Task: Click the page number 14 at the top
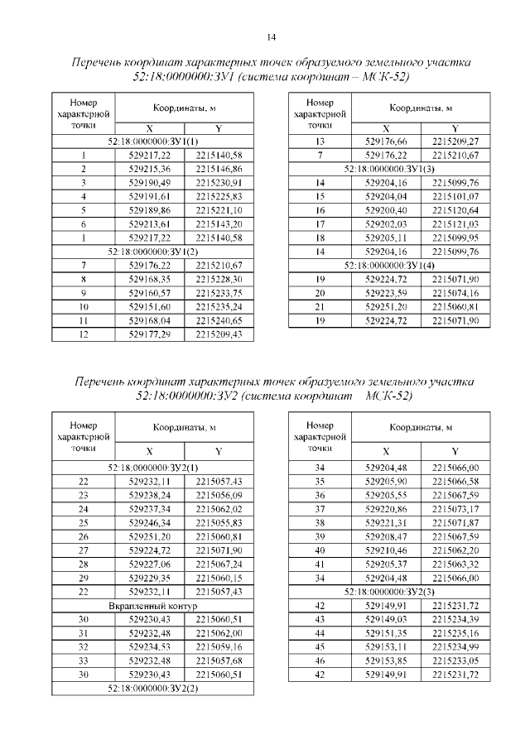click(272, 36)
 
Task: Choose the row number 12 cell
click(83, 334)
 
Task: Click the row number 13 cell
click(320, 141)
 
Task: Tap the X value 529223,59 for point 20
click(386, 293)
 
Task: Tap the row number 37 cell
click(320, 508)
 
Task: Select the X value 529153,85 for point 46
click(386, 661)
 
